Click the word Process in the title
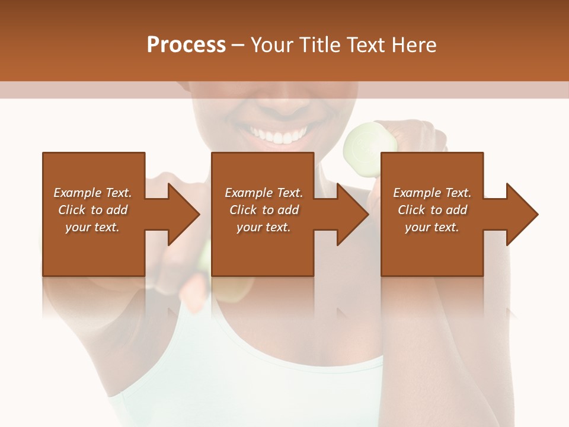click(x=186, y=45)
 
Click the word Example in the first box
click(x=77, y=193)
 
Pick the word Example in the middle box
click(x=248, y=193)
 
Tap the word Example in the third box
click(x=416, y=193)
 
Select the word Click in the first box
click(x=71, y=210)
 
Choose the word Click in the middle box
click(x=242, y=210)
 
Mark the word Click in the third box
click(x=411, y=210)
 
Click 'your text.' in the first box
click(x=92, y=227)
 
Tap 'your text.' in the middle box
click(x=263, y=227)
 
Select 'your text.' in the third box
click(x=431, y=227)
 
